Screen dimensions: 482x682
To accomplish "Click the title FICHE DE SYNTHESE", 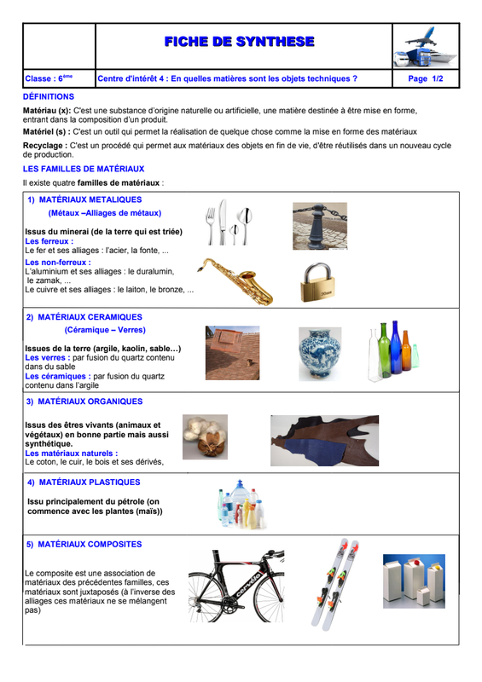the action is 239,42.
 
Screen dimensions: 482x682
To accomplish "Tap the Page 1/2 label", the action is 426,78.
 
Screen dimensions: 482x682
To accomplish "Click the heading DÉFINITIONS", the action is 49,96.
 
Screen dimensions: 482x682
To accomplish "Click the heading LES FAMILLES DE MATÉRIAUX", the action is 84,169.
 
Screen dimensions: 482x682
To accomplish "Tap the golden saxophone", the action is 235,280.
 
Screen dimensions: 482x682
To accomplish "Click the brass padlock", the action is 317,282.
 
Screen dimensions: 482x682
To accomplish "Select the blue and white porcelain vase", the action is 320,354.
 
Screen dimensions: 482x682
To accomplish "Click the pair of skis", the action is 335,584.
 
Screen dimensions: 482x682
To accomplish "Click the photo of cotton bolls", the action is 205,436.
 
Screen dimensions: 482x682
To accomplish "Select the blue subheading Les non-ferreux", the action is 58,263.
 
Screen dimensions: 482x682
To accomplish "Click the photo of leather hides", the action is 325,441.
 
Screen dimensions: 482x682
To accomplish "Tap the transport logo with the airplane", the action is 426,47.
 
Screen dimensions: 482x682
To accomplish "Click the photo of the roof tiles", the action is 233,353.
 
